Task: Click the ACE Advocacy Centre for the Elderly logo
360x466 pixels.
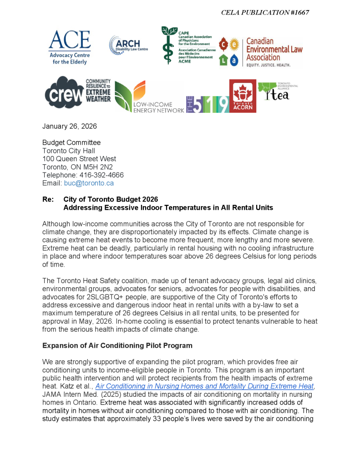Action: [x=69, y=47]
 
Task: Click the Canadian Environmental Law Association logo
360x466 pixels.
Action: [x=260, y=52]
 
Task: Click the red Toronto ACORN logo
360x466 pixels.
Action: [x=243, y=96]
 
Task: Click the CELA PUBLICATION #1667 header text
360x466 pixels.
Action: [x=265, y=12]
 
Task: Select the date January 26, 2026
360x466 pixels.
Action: [x=70, y=126]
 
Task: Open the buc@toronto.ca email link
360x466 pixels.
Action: [x=89, y=183]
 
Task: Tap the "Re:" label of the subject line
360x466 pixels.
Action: [x=48, y=199]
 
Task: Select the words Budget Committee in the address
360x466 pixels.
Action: [x=71, y=142]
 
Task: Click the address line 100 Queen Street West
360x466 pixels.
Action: [x=79, y=159]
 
